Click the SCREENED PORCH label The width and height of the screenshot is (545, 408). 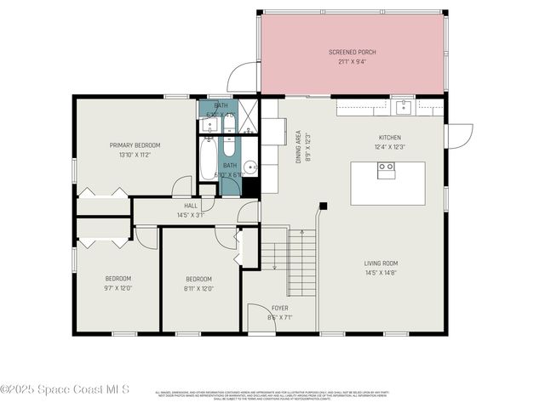click(352, 52)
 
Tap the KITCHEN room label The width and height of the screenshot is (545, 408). click(390, 138)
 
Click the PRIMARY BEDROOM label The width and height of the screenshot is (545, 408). click(135, 145)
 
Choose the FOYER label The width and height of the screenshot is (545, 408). click(279, 308)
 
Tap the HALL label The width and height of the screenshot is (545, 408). click(191, 206)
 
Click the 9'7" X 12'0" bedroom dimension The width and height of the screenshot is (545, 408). click(118, 287)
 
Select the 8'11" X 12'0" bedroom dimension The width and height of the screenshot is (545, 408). click(199, 287)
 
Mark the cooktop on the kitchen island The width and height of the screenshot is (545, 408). click(386, 167)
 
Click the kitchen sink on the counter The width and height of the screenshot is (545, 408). click(402, 106)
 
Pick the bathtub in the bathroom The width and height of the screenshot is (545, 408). click(208, 159)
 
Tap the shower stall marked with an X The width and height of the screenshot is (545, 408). click(248, 116)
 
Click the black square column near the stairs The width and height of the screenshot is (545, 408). click(323, 205)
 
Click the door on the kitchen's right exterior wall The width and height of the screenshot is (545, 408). click(457, 134)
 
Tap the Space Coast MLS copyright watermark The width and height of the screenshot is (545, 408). click(65, 389)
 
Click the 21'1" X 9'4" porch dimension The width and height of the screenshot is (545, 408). click(352, 60)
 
